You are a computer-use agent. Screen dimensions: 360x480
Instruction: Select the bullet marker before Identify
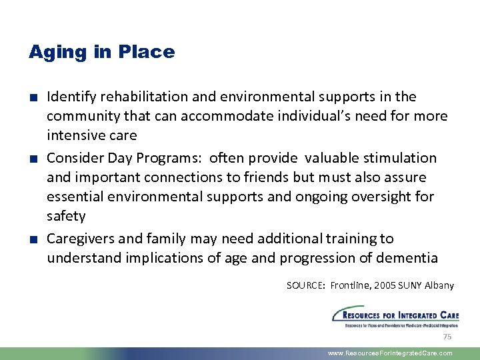33,97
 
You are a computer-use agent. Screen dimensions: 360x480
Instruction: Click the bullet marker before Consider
33,159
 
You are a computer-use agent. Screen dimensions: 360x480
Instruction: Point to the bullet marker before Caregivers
33,239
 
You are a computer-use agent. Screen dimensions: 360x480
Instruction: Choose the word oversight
394,197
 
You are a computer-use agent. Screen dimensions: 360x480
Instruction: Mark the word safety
66,216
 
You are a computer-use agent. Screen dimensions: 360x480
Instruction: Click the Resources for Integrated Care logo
395,316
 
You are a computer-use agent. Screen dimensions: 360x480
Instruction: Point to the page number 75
447,337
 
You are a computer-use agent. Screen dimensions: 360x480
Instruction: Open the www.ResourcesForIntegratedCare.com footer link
390,353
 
